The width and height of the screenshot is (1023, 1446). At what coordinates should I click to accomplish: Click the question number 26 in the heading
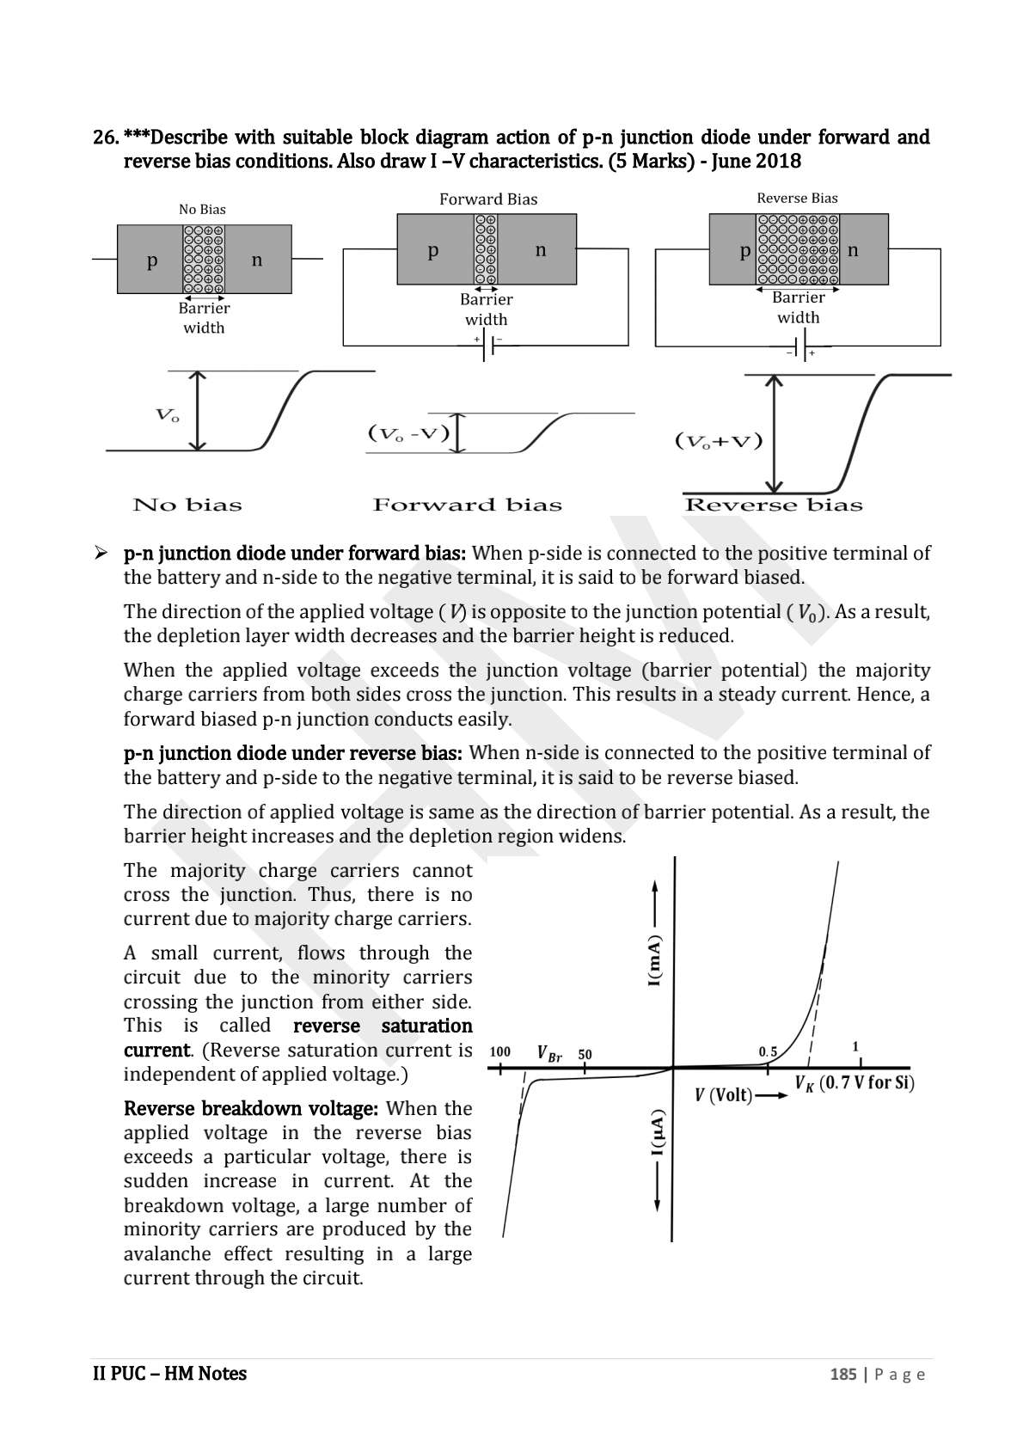pos(104,138)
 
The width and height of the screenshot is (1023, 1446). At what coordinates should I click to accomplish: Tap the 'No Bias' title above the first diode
pos(202,209)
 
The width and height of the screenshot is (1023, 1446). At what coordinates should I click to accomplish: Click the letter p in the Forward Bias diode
pos(433,250)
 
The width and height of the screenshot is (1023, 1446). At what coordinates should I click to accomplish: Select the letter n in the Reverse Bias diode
pos(853,250)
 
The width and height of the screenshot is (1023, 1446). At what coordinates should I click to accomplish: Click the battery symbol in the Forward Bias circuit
pos(487,346)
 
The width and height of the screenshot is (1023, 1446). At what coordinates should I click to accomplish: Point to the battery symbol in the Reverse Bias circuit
pos(799,347)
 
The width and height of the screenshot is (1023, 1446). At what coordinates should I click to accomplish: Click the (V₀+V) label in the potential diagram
pos(719,442)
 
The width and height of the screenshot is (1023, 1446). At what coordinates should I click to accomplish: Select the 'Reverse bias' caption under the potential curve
pos(773,505)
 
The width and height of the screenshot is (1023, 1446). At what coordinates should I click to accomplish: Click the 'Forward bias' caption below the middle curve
pos(467,505)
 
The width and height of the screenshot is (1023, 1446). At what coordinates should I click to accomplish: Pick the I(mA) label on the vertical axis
pos(655,960)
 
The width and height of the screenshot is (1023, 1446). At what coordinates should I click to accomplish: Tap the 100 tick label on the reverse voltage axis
pos(499,1051)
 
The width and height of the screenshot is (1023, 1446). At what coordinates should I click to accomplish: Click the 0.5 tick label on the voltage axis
pos(768,1051)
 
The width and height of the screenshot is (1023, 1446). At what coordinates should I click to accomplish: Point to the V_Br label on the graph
pos(548,1053)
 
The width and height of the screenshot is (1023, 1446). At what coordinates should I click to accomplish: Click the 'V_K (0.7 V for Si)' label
pos(854,1083)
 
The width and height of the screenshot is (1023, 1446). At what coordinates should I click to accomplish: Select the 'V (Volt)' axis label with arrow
pos(739,1095)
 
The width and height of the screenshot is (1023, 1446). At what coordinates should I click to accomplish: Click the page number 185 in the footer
pos(842,1374)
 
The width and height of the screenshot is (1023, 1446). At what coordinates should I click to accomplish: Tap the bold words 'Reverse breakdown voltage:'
pos(251,1108)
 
